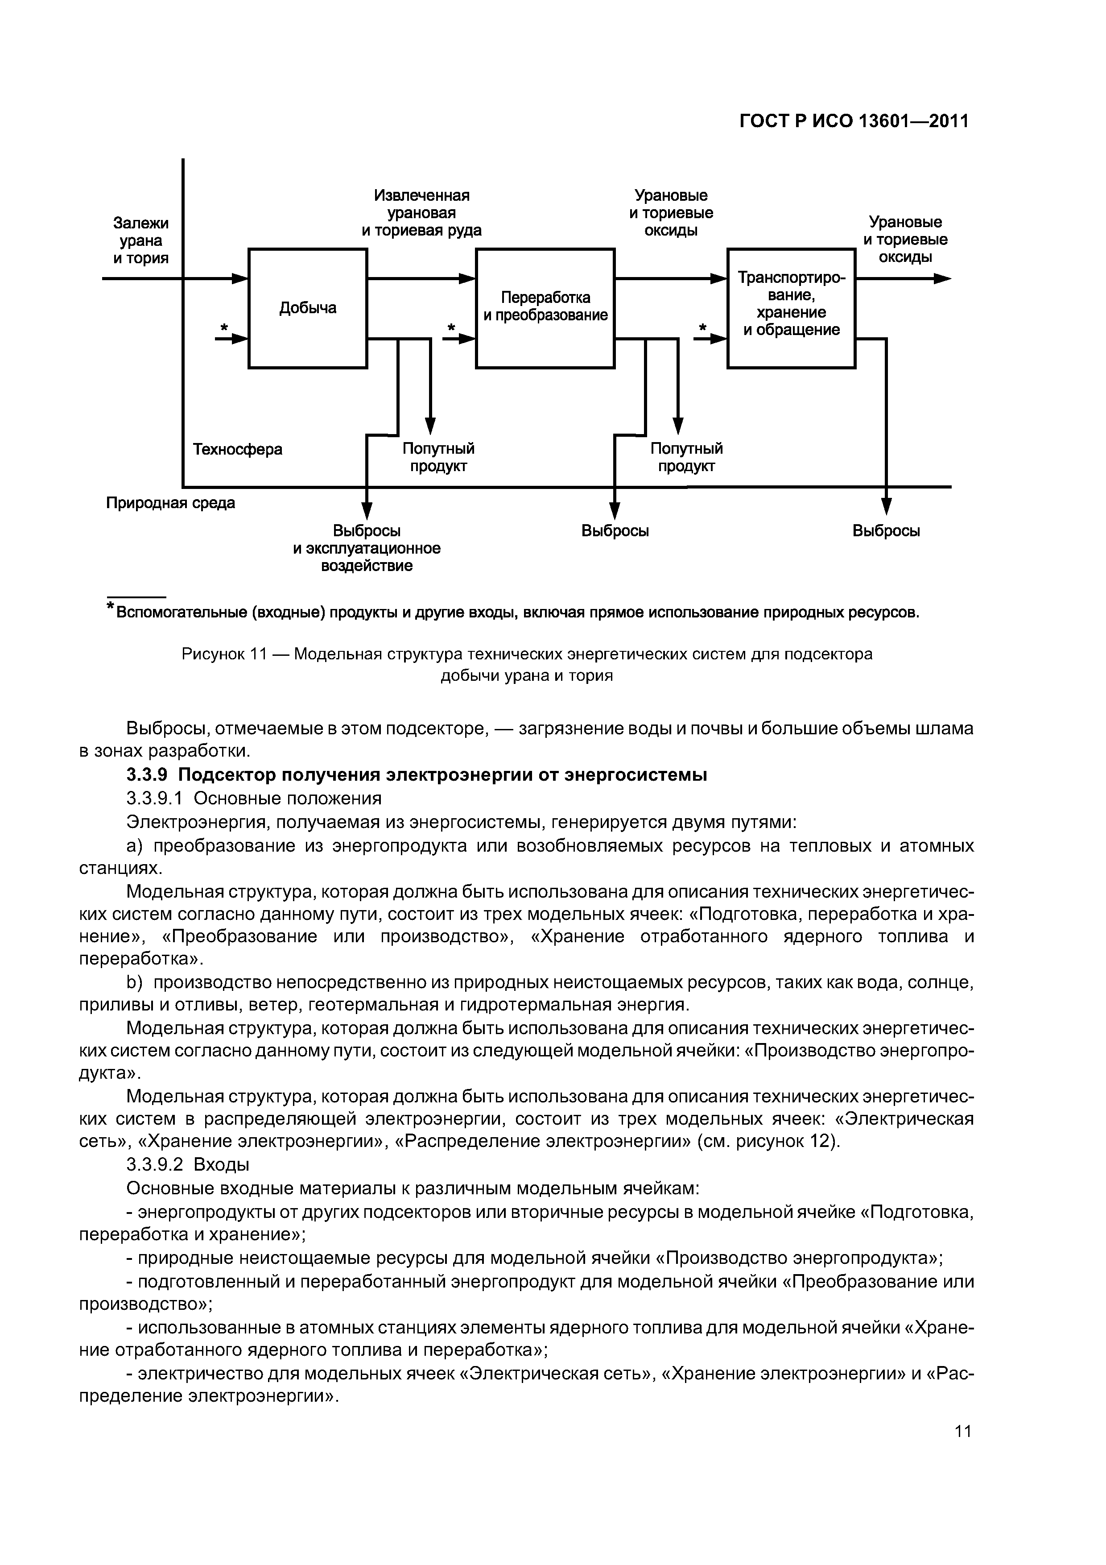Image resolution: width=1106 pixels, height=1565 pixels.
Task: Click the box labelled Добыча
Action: (x=307, y=308)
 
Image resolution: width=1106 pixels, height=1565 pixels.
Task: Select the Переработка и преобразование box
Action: (x=545, y=308)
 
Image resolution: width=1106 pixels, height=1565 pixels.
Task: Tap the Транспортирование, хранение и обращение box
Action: (x=791, y=308)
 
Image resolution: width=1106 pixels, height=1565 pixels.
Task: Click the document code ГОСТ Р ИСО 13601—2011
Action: (x=854, y=120)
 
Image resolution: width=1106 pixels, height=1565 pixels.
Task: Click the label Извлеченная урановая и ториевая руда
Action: (x=421, y=213)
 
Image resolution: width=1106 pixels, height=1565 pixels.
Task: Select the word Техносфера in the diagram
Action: (x=238, y=449)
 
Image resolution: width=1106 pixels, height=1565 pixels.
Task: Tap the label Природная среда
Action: (x=170, y=503)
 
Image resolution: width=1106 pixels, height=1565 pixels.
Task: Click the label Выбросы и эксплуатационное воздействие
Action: (x=367, y=548)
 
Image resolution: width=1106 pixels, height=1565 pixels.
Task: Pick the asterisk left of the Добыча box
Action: (x=223, y=328)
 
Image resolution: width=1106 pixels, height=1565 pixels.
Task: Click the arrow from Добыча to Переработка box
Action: (x=421, y=278)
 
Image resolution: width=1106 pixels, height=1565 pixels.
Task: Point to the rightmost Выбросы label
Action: (x=886, y=531)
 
